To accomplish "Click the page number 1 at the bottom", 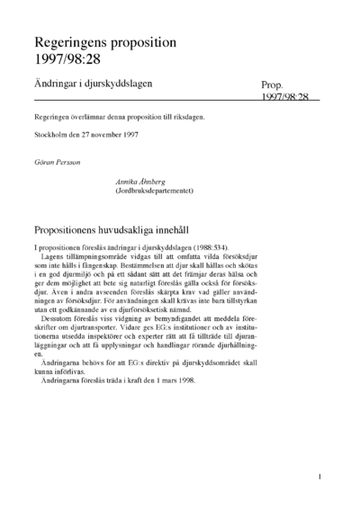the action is (319, 477).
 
